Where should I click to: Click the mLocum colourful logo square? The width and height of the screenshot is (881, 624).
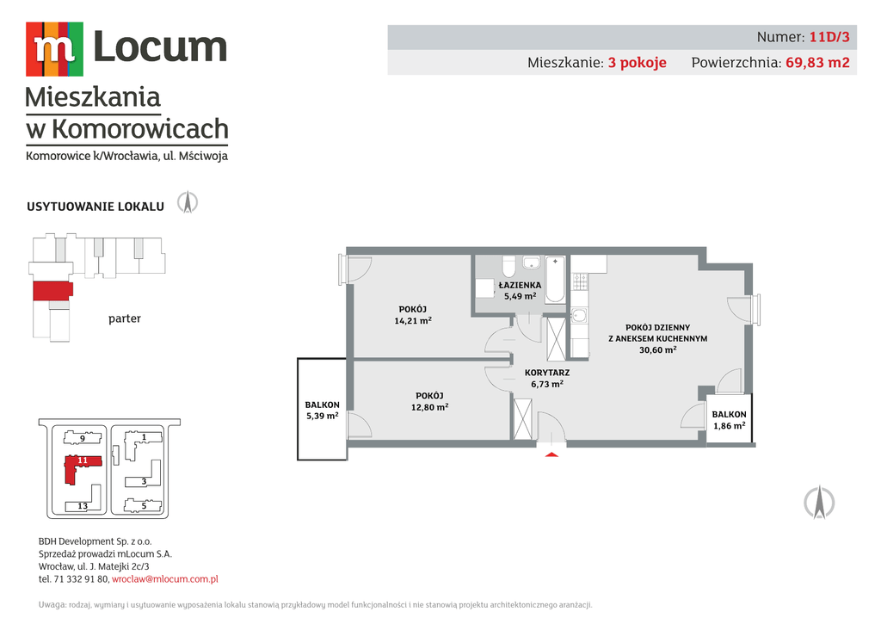coord(54,49)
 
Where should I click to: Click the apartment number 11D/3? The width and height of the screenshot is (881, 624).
coord(829,37)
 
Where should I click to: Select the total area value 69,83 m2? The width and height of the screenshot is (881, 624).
coord(817,62)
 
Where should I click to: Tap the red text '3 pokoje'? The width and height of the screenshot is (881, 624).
coord(638,62)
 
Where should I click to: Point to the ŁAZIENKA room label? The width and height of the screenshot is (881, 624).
coord(520,285)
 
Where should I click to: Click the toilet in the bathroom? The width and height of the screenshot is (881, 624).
coord(509,266)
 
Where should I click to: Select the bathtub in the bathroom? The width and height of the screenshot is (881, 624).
coord(555,280)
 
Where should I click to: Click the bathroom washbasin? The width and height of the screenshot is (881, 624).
coord(531,262)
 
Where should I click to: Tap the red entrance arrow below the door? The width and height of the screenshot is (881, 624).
coord(551,454)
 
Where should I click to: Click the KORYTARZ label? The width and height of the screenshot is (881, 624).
coord(547,373)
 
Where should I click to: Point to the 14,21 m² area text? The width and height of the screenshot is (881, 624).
coord(413,321)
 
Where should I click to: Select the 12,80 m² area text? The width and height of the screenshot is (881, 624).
coord(430,407)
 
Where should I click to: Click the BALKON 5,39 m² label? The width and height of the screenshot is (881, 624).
coord(323,411)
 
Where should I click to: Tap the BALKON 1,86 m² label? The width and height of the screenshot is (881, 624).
coord(730,420)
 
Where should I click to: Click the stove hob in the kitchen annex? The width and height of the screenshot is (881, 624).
coord(580,281)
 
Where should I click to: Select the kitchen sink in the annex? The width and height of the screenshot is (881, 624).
coord(579,315)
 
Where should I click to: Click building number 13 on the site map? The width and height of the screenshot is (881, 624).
coord(83,506)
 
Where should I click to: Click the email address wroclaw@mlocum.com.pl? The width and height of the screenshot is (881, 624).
coord(165,579)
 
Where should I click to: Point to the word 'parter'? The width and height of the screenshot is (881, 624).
coord(125,318)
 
